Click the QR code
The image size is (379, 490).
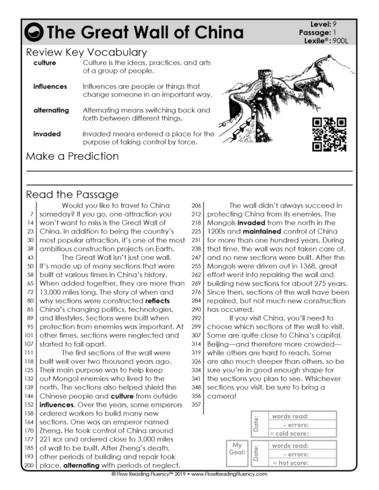[x=329, y=134]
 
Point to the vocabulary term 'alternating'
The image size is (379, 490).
[x=51, y=110]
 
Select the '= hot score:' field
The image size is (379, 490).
[x=303, y=463]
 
